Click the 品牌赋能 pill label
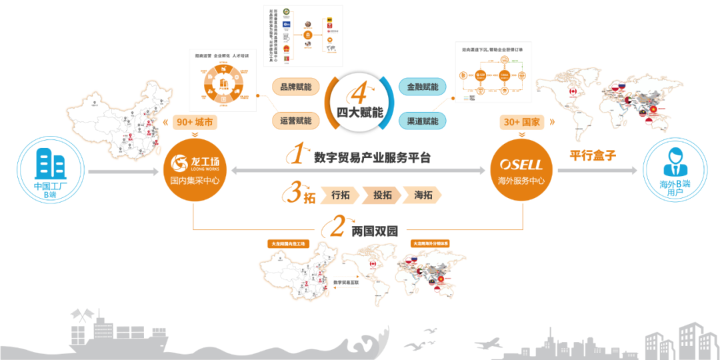(x=295, y=87)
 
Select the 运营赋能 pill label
(x=295, y=120)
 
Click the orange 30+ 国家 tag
(x=522, y=123)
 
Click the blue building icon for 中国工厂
(x=51, y=159)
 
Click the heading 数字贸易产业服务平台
(x=373, y=158)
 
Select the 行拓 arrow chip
(x=340, y=195)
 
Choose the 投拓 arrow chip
(x=382, y=195)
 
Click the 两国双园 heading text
(x=374, y=231)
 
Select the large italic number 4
(x=360, y=91)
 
